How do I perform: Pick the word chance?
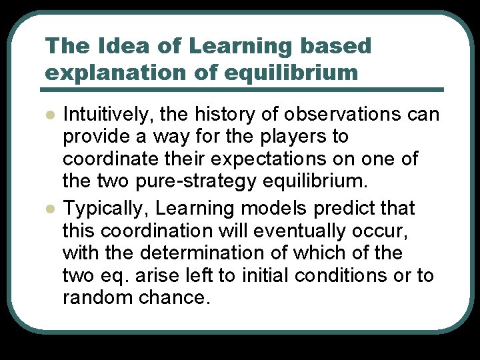[175, 297]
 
